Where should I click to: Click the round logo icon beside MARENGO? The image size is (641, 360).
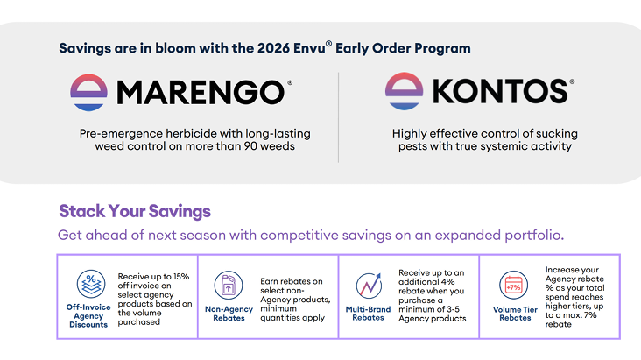point(88,93)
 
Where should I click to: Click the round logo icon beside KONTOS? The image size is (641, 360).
point(404,91)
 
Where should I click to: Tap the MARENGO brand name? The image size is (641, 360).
point(201,93)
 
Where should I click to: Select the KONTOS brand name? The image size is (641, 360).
point(500,91)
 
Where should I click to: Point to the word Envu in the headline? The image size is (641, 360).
point(309,48)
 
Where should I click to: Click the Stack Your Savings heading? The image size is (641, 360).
point(135,211)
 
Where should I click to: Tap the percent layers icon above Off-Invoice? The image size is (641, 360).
point(91,284)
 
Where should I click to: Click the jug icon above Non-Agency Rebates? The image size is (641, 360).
point(229,286)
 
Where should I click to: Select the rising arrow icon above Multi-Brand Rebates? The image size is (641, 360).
point(369,286)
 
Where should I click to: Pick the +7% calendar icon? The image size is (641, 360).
point(513,286)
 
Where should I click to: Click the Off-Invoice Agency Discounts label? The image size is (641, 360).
point(88,316)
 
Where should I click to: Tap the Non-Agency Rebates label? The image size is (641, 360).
point(229,314)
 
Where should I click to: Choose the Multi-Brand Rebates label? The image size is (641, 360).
point(368,314)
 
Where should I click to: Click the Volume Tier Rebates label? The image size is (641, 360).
point(515,314)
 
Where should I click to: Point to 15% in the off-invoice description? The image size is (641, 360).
point(181,277)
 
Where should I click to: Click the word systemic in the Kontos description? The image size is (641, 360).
point(490,146)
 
